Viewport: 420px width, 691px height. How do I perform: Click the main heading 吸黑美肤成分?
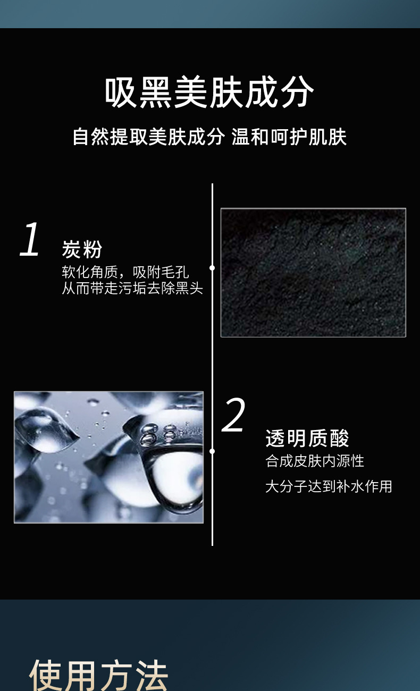pos(209,92)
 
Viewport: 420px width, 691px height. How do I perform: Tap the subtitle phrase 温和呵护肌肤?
pos(289,137)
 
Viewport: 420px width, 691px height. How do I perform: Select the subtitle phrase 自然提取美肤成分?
pos(149,137)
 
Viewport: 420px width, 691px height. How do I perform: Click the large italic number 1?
pos(30,239)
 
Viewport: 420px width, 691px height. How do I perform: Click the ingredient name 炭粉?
pos(82,249)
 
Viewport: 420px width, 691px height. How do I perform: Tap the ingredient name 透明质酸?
pos(307,439)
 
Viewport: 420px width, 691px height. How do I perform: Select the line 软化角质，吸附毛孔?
pos(125,272)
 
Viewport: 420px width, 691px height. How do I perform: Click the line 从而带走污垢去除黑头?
pos(132,289)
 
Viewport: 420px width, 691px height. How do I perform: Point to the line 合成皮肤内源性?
pos(315,461)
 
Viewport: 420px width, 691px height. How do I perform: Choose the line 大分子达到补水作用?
pos(329,487)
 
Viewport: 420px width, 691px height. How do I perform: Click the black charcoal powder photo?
pos(313,273)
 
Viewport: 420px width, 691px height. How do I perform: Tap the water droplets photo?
pos(108,457)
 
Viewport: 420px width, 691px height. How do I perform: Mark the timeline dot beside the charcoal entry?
pos(212,268)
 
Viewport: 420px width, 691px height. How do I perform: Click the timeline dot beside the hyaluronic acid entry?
pos(212,451)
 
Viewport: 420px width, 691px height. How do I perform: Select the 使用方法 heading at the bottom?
pos(99,676)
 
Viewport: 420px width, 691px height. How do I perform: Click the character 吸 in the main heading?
pos(121,92)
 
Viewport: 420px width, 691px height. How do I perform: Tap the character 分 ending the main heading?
pos(298,92)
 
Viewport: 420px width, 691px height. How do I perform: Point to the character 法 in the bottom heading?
pos(152,676)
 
